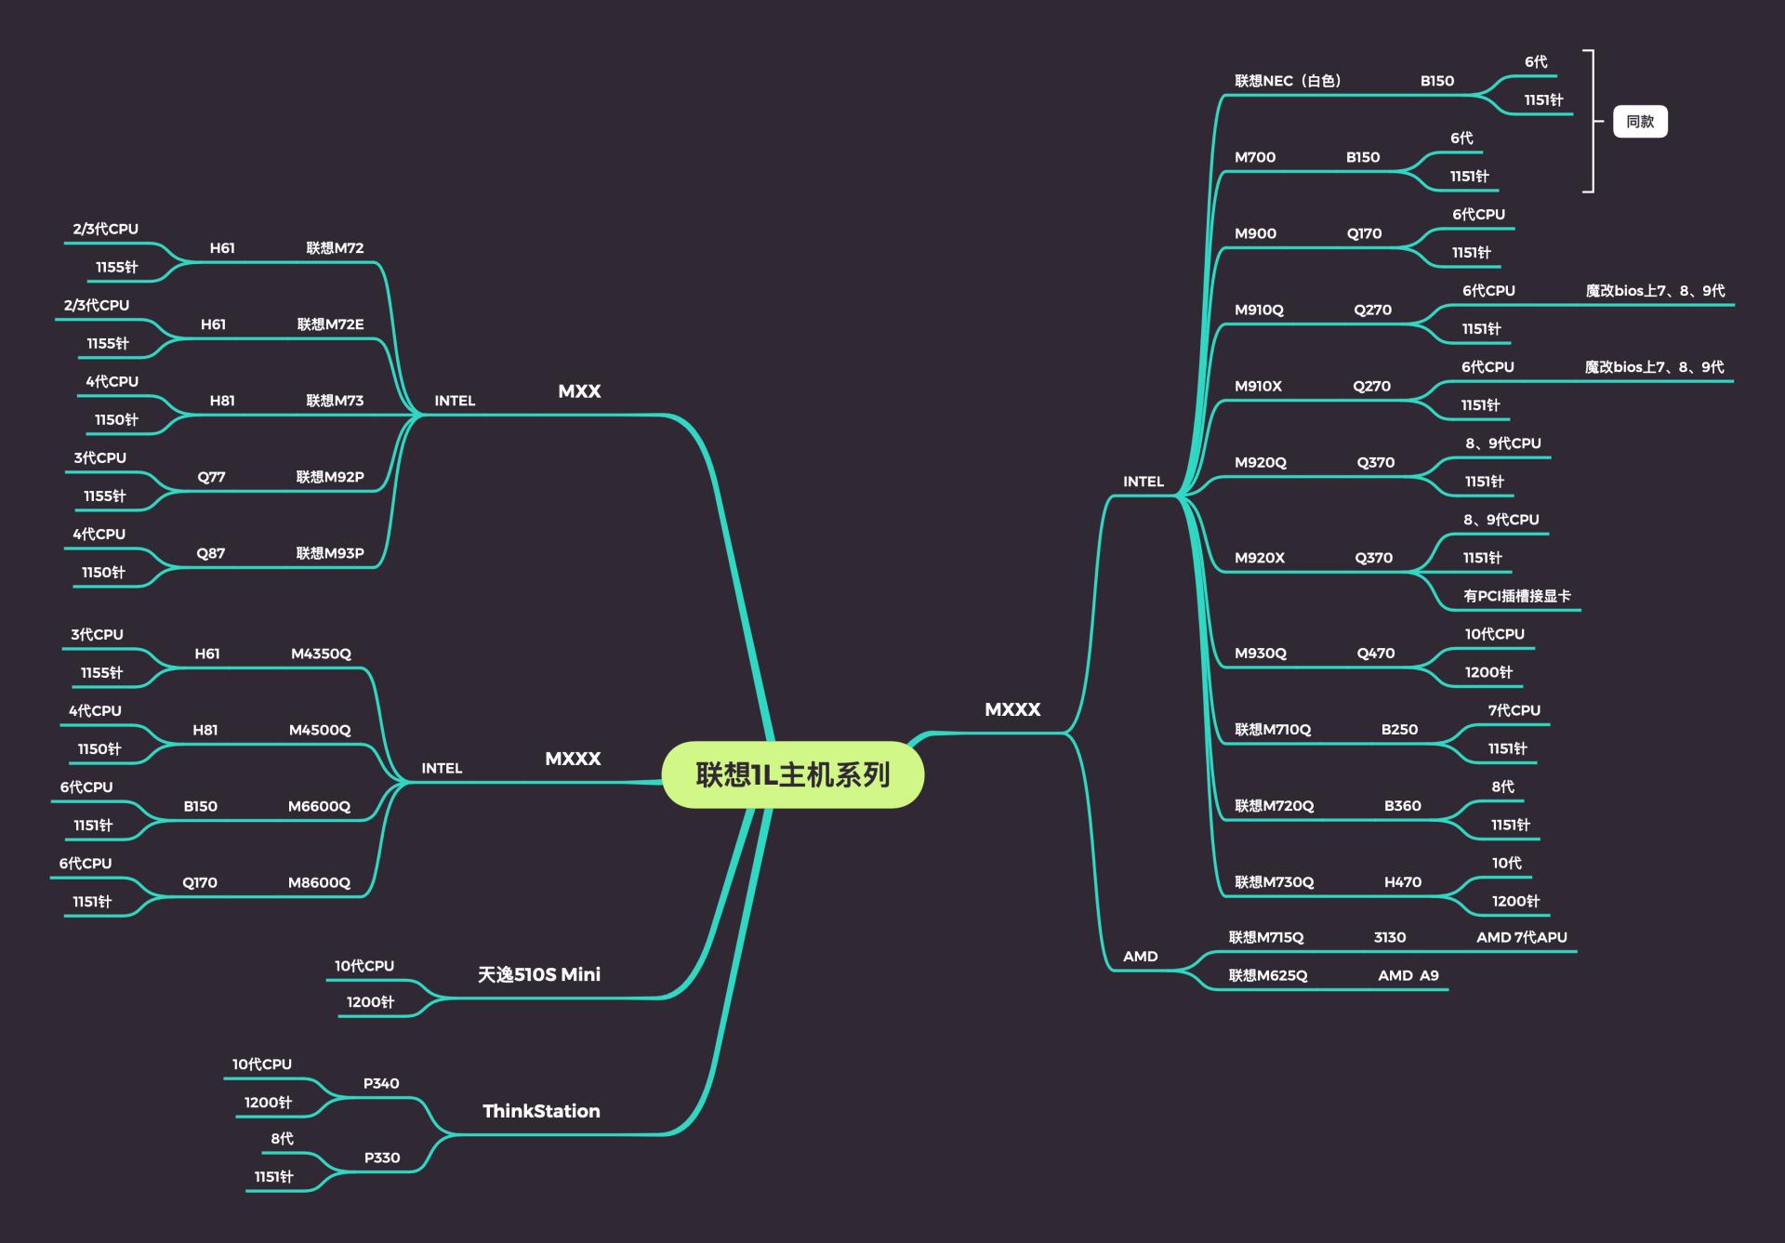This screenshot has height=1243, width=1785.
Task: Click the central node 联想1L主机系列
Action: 792,774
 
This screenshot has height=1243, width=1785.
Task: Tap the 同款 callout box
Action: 1640,122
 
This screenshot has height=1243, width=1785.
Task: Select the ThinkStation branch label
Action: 541,1111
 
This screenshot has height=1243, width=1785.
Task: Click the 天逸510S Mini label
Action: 538,974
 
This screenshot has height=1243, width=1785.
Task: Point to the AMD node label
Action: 1140,957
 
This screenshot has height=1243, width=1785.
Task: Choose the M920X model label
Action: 1259,558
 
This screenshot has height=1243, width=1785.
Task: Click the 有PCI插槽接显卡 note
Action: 1516,596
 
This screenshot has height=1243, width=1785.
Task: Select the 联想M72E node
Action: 330,324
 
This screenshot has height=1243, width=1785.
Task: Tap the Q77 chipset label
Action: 211,477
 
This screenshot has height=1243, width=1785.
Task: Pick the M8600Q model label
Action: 319,882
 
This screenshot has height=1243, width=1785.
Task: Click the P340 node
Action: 381,1083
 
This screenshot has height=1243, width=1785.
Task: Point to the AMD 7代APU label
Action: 1521,937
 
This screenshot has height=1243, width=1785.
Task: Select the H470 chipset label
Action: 1402,882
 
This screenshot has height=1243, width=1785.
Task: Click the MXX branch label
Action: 579,391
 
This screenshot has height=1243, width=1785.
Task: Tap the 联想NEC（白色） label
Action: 1288,81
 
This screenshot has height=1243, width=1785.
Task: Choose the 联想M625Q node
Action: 1267,975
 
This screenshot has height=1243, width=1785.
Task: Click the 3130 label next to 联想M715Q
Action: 1389,937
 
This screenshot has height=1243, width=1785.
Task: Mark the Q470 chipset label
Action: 1375,654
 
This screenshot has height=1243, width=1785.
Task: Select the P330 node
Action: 381,1157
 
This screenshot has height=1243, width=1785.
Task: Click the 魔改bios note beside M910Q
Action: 1655,291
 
